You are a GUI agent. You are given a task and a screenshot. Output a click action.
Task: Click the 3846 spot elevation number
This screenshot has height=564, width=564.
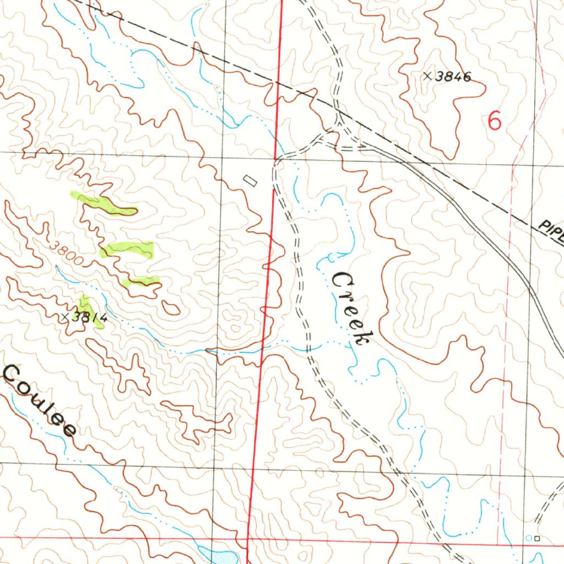pos(453,77)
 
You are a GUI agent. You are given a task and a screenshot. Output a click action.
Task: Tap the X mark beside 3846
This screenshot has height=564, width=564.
pos(427,77)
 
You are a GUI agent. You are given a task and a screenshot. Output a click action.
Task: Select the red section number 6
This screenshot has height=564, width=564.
pos(495,121)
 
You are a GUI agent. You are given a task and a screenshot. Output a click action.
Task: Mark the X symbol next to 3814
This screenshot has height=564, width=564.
pos(66,317)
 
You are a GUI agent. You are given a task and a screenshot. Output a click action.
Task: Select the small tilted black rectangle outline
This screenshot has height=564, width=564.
pos(250,180)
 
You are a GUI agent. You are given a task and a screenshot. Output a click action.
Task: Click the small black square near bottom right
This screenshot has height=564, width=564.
pos(537,538)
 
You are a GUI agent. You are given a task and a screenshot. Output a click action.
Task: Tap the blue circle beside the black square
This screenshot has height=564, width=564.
pos(529,538)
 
